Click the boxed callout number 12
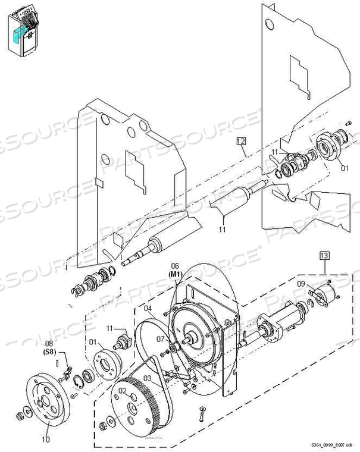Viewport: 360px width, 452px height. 241,141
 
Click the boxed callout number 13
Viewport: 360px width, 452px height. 324,256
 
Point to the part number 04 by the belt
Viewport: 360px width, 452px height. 148,309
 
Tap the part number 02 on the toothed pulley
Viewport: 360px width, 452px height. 123,391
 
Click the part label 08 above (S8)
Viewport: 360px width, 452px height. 52,343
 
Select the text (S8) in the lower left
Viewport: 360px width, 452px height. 52,351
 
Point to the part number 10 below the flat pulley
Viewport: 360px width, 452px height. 47,440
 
